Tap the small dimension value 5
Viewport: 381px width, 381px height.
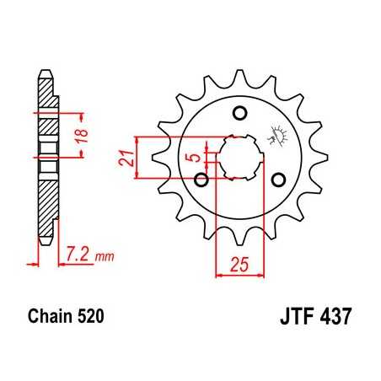tap(191, 156)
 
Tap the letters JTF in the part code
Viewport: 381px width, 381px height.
tap(295, 320)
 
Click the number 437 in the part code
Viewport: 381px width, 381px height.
tap(334, 320)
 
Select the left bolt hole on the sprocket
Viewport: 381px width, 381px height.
tap(201, 179)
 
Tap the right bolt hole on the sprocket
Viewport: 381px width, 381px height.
tap(277, 178)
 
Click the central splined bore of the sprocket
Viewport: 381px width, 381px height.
tap(239, 156)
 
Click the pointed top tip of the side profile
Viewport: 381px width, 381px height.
tap(45, 71)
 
